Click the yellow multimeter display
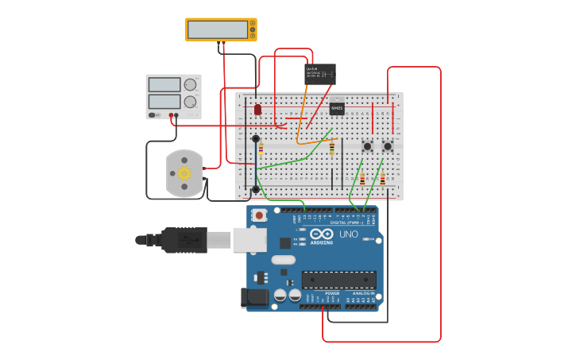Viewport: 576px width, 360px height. pos(219,29)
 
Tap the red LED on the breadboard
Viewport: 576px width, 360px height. pos(257,110)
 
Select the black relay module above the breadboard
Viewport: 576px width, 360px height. pos(320,74)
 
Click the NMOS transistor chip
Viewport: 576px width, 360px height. pos(337,108)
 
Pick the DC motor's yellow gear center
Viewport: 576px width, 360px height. pos(184,173)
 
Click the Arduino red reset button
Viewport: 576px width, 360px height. pos(259,215)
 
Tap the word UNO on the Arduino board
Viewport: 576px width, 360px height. pos(349,234)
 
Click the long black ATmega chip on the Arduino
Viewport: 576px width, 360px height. pos(338,279)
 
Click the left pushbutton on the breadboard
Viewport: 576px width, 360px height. pos(368,146)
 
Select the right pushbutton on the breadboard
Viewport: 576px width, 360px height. pos(388,146)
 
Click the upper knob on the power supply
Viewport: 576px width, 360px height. pos(191,85)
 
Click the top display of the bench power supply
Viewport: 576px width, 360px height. pos(164,85)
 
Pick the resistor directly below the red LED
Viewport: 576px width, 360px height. pos(261,148)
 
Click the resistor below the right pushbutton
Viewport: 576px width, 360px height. pos(382,180)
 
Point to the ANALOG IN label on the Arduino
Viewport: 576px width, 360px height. pos(361,293)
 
